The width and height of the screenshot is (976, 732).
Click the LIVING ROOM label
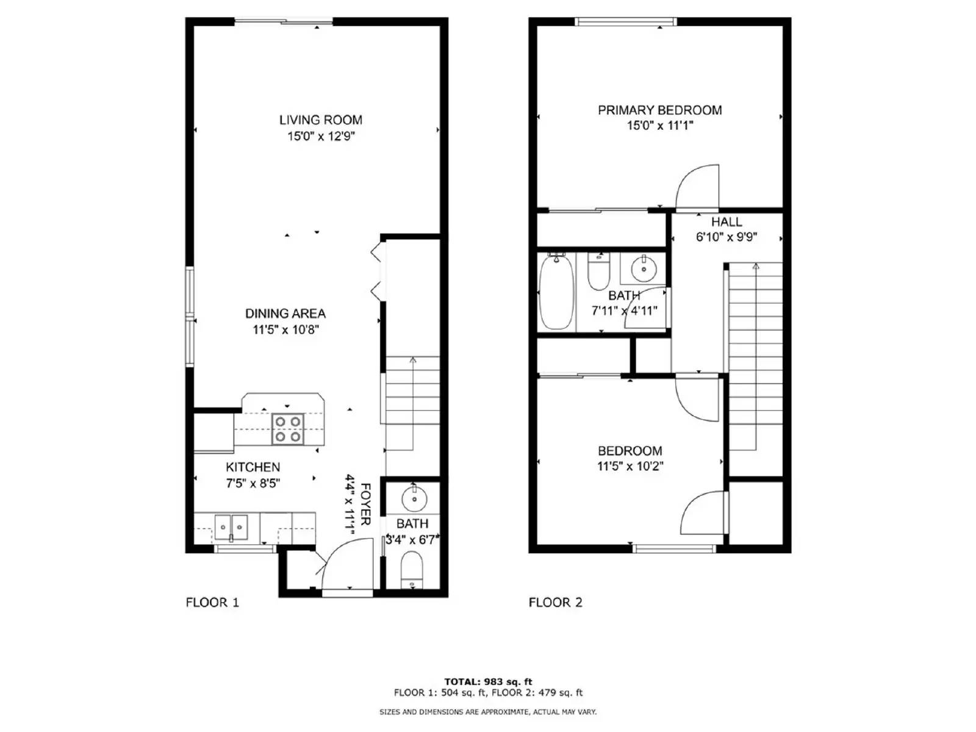(x=320, y=120)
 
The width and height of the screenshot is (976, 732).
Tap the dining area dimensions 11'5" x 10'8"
(x=285, y=330)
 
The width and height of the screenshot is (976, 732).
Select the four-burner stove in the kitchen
(x=288, y=429)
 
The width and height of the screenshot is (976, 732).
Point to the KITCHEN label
(x=253, y=467)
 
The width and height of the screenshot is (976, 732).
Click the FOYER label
(x=365, y=504)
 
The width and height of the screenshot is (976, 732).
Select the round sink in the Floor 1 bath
(x=414, y=499)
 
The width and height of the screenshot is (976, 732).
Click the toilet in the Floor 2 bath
(x=598, y=273)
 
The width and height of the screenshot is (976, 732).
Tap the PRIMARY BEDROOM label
(x=659, y=110)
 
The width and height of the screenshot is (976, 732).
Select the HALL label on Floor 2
(x=727, y=222)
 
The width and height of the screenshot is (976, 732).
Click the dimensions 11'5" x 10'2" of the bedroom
(x=630, y=467)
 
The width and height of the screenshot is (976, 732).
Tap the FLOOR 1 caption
(x=212, y=603)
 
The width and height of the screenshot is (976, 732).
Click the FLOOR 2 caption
(x=555, y=603)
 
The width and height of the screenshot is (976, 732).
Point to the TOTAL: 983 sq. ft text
(x=488, y=682)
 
